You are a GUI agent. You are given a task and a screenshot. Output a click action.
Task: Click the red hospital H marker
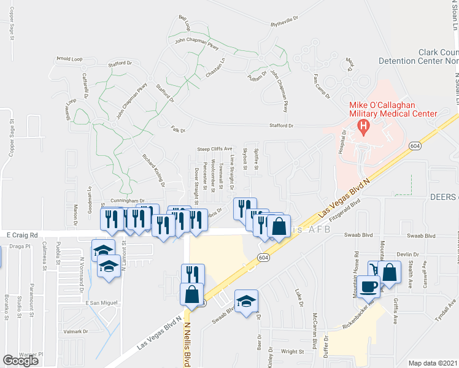pyautogui.click(x=364, y=128)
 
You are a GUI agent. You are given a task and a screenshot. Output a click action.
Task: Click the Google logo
pyautogui.click(x=21, y=361)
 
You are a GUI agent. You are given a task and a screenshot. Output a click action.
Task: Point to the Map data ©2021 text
pyautogui.click(x=433, y=363)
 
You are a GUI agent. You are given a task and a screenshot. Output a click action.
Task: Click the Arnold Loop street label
pyautogui.click(x=69, y=59)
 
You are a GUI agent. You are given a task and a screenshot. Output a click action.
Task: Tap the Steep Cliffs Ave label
pyautogui.click(x=215, y=149)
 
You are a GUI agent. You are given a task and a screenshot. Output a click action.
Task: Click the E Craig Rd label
pyautogui.click(x=23, y=235)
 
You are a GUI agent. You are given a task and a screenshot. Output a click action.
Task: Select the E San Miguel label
pyautogui.click(x=101, y=303)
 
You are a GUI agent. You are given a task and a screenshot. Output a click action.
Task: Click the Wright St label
pyautogui.click(x=293, y=351)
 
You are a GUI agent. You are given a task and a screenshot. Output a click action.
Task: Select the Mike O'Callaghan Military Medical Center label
pyautogui.click(x=393, y=108)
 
